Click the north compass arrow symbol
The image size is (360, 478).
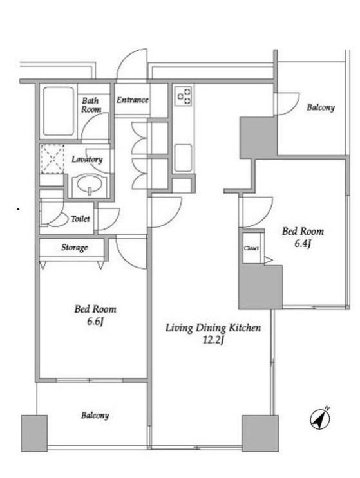tap(320, 419)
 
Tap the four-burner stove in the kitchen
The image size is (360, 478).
tap(184, 95)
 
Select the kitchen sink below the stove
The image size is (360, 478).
tap(183, 158)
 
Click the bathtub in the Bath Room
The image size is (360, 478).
tap(58, 111)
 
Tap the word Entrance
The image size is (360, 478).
tap(133, 100)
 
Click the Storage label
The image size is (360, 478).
tap(75, 247)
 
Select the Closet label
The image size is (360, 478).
tap(251, 248)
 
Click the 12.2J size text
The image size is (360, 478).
tap(214, 340)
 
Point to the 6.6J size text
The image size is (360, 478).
tap(95, 321)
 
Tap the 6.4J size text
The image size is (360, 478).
tap(302, 244)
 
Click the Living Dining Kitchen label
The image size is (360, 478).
tap(213, 327)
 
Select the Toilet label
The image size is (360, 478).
tap(81, 219)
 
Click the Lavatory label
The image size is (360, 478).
tap(87, 159)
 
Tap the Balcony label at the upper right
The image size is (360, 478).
tap(321, 107)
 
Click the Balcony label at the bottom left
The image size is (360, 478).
tap(95, 415)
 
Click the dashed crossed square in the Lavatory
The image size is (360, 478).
tap(52, 159)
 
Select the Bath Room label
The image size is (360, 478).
tap(91, 105)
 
